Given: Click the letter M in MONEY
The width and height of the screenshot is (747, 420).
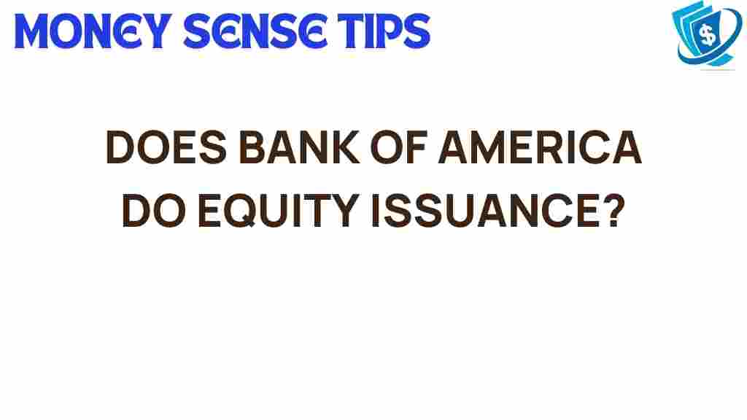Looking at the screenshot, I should (x=32, y=31).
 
